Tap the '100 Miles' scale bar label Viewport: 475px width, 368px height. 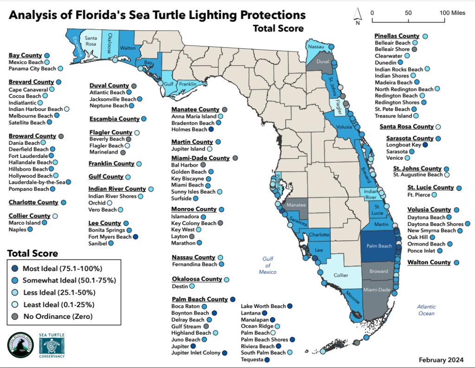coord(452,13)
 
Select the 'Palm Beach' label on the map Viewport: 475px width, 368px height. coord(379,246)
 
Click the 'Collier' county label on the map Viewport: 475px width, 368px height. coord(341,275)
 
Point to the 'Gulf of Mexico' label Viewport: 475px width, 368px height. coord(268,265)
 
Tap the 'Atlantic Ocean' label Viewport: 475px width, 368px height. coord(426,310)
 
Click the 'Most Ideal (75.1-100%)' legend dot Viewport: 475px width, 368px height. coord(16,269)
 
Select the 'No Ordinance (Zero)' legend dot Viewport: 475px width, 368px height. coord(16,316)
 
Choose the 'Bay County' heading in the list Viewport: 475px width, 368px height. coord(26,56)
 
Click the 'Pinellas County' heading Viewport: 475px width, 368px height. coord(397,36)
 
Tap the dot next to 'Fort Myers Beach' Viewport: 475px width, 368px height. coord(135,237)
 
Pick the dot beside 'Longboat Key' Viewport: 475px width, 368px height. coord(425,145)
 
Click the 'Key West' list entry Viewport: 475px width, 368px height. coord(183,230)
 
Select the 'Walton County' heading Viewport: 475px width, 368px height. coord(429,262)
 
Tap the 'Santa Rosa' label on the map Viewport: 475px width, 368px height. coord(90,40)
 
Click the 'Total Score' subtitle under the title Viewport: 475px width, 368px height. coord(278,29)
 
